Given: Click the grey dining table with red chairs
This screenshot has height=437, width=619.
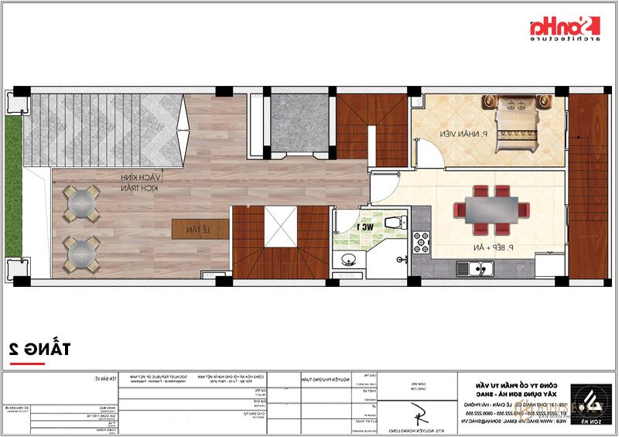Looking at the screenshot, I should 491,208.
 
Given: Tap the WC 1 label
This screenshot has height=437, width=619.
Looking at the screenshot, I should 364,227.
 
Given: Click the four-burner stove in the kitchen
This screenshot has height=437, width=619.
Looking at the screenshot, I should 422,241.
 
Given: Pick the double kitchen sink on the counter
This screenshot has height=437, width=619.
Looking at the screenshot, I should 484,270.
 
